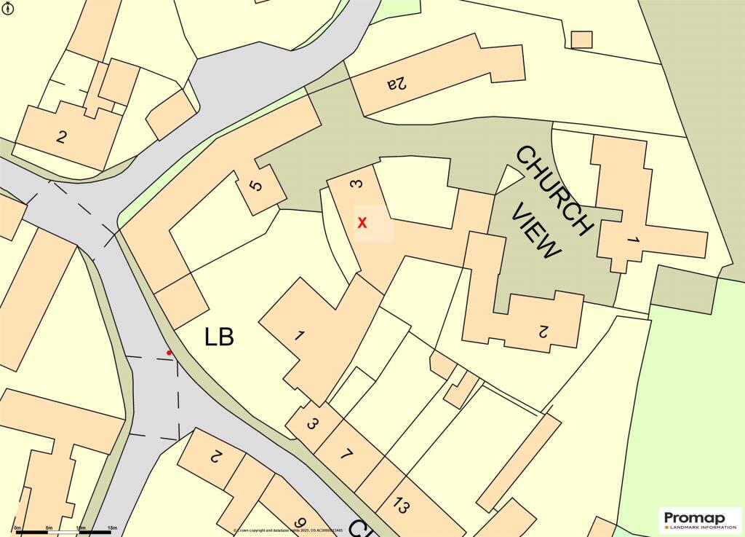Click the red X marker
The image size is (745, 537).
[362, 223]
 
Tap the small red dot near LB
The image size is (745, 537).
[170, 353]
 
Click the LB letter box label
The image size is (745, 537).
[219, 337]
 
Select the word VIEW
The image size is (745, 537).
[538, 231]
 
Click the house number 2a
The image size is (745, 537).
[397, 84]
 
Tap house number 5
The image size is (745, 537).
[255, 185]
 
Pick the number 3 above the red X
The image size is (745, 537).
[355, 184]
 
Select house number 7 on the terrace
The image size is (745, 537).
[346, 455]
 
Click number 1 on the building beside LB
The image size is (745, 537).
[298, 336]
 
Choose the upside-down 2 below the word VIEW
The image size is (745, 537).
[542, 331]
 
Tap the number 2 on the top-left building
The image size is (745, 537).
[62, 136]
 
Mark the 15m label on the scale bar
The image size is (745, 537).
[112, 527]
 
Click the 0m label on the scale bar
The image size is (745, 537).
[17, 527]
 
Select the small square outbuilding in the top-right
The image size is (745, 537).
[581, 39]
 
